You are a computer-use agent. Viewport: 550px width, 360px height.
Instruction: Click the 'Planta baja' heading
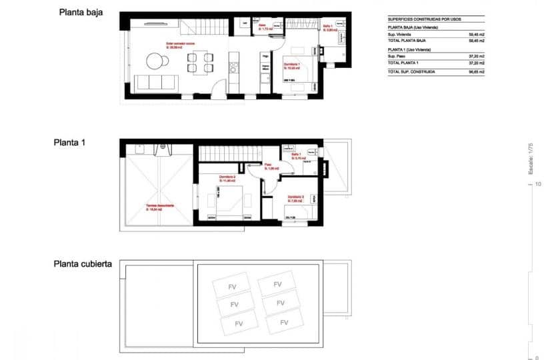[81, 11]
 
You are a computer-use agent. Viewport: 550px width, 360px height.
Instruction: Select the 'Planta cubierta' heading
[83, 264]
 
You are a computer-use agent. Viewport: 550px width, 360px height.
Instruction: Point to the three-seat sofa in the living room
[155, 83]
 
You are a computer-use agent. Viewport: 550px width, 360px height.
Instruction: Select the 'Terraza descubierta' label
[161, 205]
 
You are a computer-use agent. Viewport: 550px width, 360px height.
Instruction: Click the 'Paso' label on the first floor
[268, 164]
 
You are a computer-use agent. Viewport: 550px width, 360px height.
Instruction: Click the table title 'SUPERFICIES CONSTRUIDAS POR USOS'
[425, 19]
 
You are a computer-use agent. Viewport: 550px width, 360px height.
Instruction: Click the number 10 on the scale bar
[537, 185]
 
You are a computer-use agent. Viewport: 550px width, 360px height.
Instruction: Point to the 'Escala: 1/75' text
[531, 160]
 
